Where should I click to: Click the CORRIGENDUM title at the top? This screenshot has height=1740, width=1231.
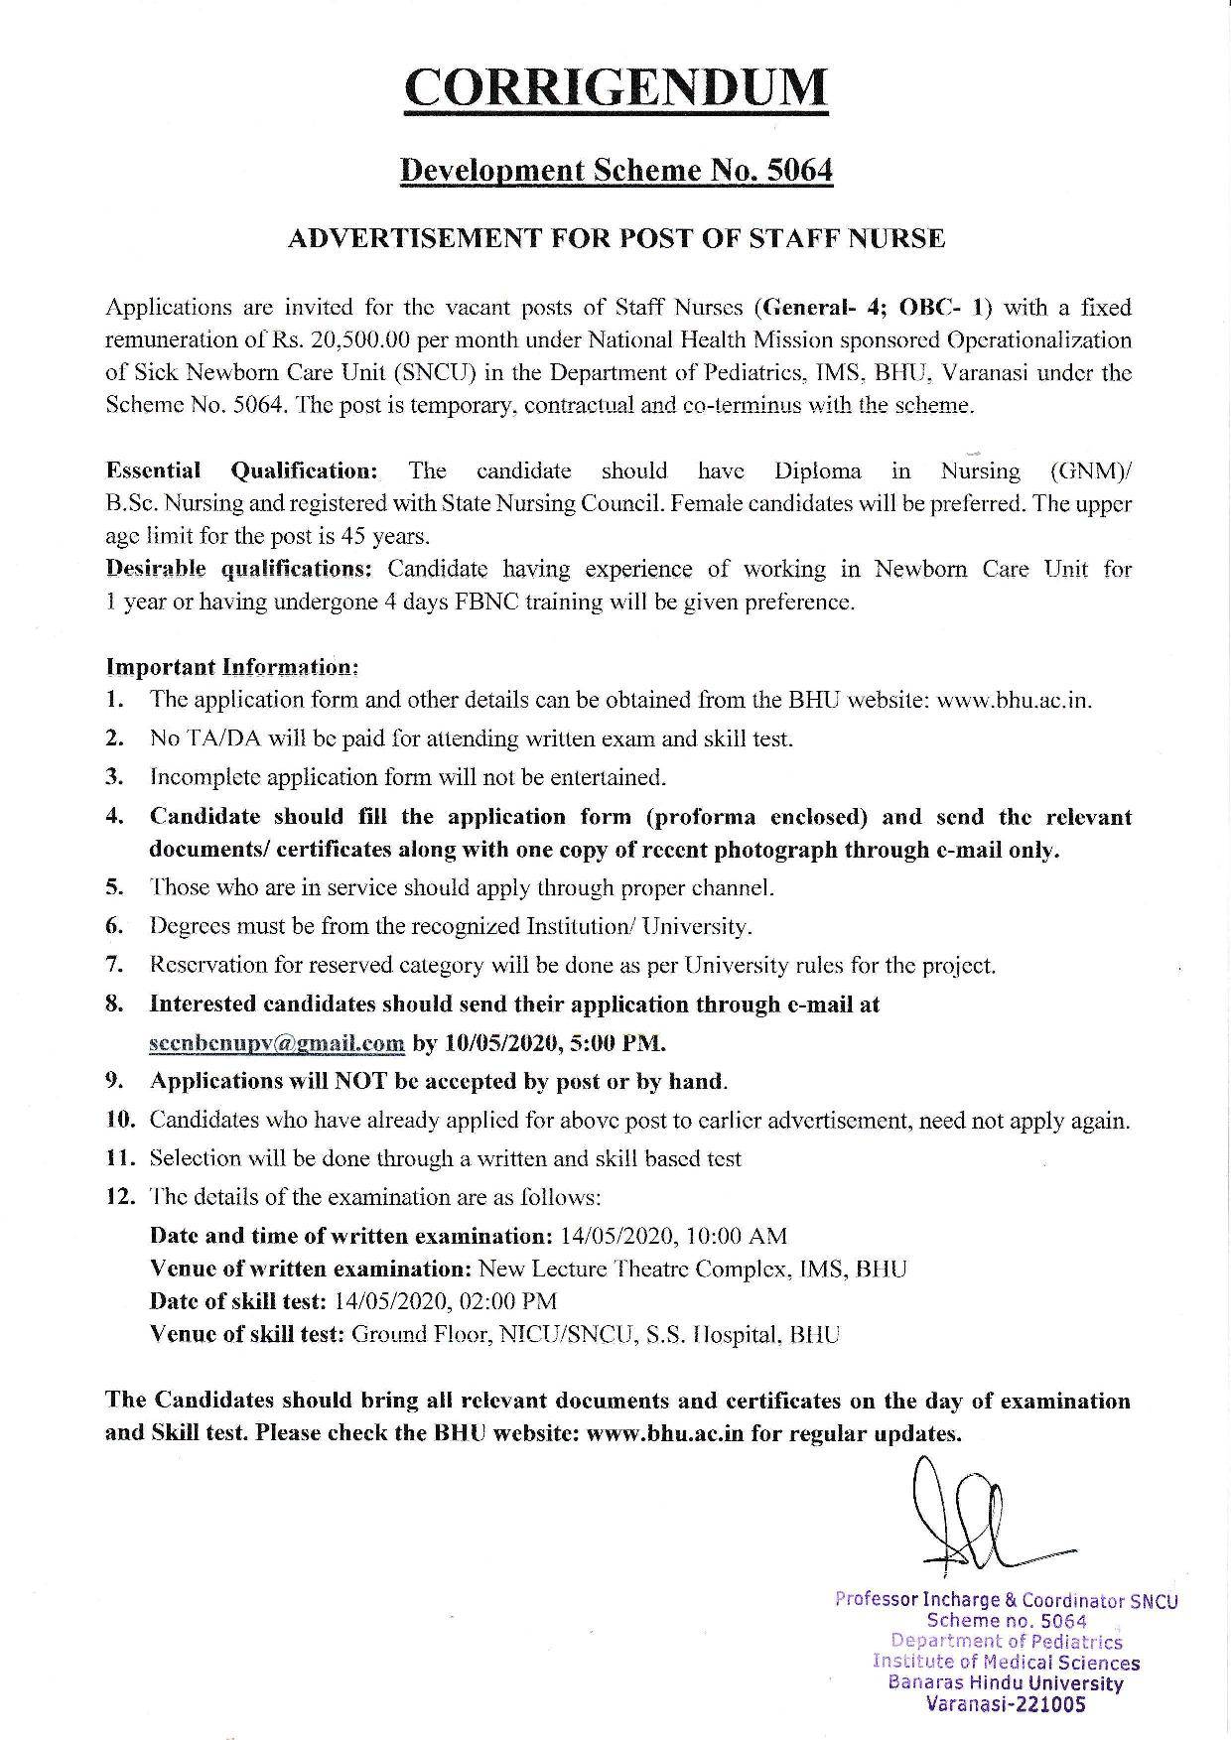click(615, 87)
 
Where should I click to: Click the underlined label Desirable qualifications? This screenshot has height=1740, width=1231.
click(239, 569)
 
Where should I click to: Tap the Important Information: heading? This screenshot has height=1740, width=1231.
click(231, 665)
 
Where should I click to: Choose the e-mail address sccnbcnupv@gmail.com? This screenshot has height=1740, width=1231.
click(277, 1043)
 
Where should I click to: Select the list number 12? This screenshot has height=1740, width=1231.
click(119, 1197)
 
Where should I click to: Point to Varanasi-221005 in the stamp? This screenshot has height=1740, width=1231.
click(1006, 1705)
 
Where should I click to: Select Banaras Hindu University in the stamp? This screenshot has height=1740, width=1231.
click(1006, 1683)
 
